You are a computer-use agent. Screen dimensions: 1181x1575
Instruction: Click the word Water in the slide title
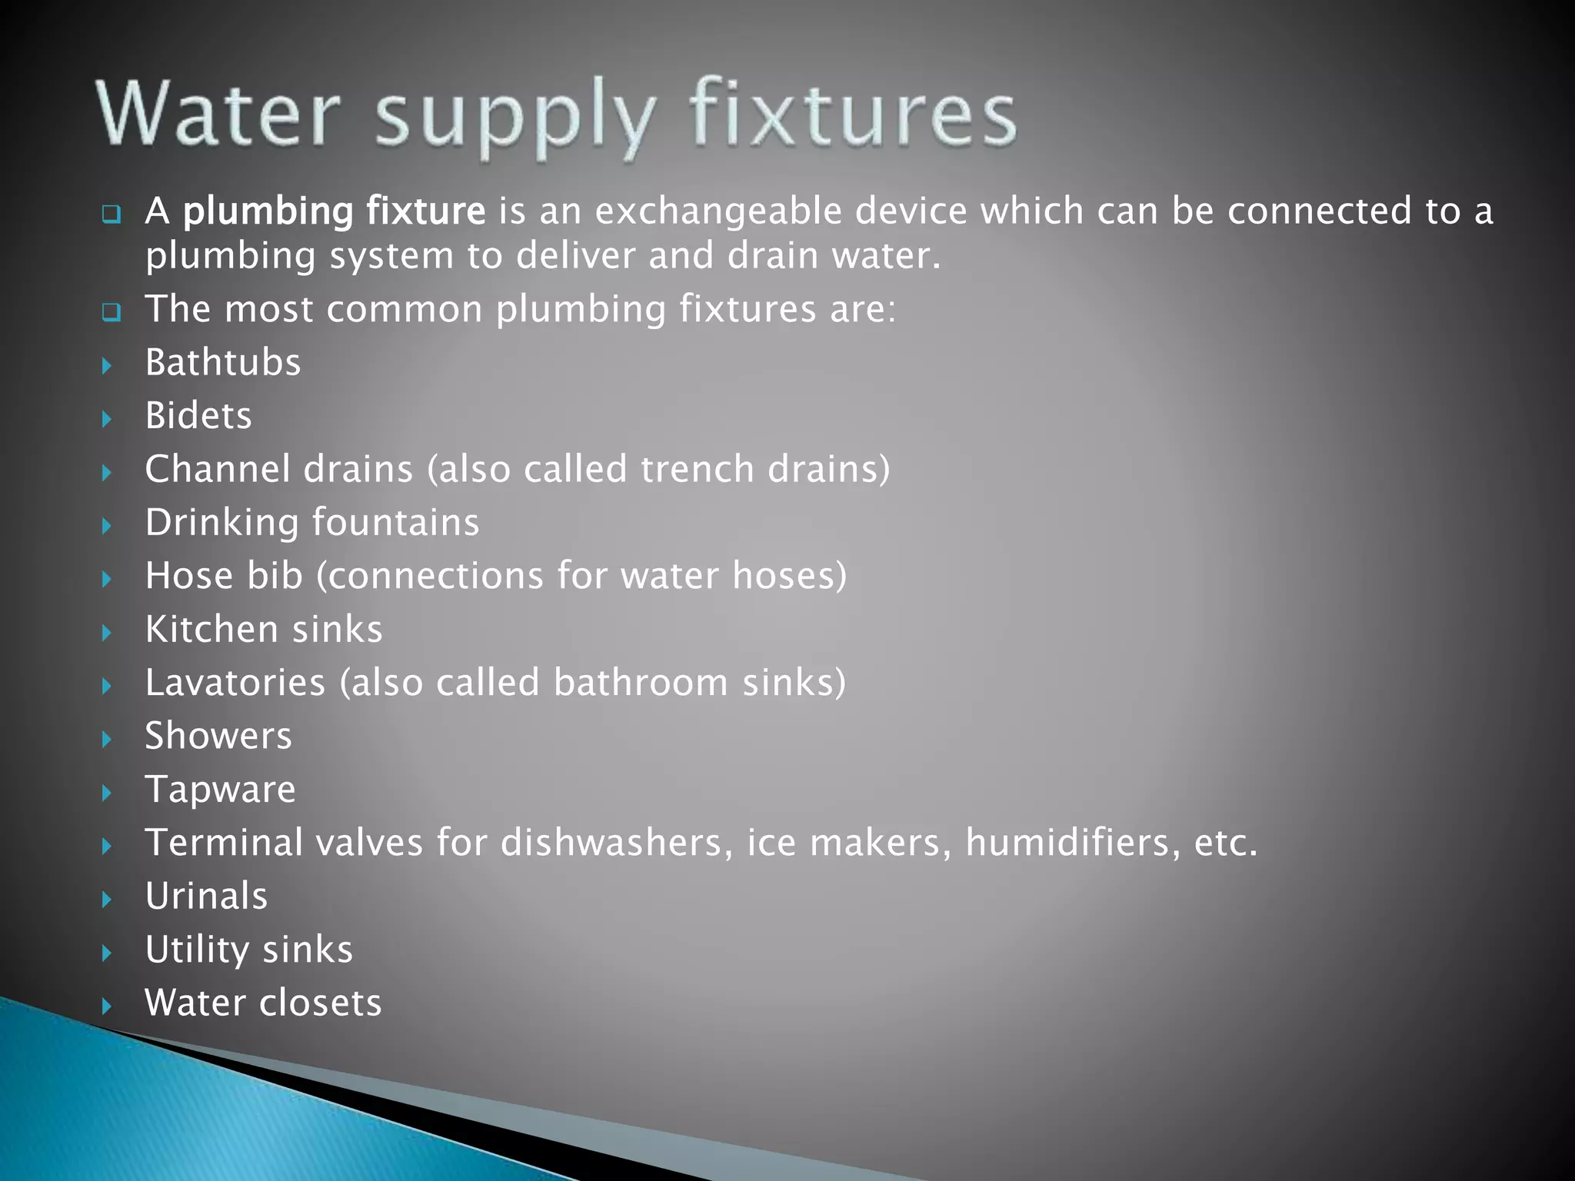click(x=218, y=114)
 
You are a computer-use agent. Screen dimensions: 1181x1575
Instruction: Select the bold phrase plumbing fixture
click(x=335, y=211)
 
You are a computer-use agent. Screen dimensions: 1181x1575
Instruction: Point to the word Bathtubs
click(x=223, y=362)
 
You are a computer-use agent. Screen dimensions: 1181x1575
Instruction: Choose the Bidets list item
click(x=198, y=416)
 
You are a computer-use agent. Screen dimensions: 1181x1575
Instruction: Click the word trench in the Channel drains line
click(x=698, y=469)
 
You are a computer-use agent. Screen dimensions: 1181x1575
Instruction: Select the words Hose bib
click(x=224, y=576)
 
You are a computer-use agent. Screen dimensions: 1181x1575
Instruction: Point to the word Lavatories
click(x=235, y=683)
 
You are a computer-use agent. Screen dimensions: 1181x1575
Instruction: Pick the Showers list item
click(x=218, y=736)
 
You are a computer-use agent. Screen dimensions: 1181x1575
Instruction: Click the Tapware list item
click(x=221, y=790)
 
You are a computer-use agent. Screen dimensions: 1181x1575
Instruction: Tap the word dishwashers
click(x=612, y=843)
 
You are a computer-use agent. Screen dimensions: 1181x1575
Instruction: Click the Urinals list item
click(x=206, y=896)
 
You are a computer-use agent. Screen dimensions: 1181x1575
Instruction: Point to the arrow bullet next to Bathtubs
click(x=107, y=365)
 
